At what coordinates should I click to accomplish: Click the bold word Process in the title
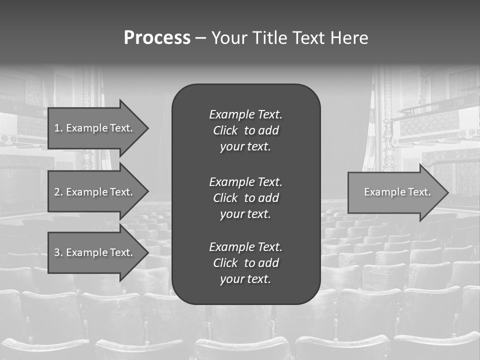click(x=157, y=38)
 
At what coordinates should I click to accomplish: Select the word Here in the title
click(x=349, y=38)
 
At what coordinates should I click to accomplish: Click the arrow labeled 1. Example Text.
click(x=95, y=128)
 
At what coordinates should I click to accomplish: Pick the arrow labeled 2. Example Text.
click(x=95, y=192)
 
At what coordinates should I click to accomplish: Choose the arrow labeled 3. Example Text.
click(x=95, y=252)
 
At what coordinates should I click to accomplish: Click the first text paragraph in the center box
click(x=245, y=130)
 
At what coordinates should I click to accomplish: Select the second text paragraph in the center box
click(x=245, y=197)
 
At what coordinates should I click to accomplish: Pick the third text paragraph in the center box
click(x=245, y=263)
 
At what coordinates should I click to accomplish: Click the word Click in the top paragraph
click(x=225, y=130)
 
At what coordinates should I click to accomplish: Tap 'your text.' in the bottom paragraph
click(x=245, y=279)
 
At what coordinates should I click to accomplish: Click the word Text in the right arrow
click(x=419, y=192)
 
